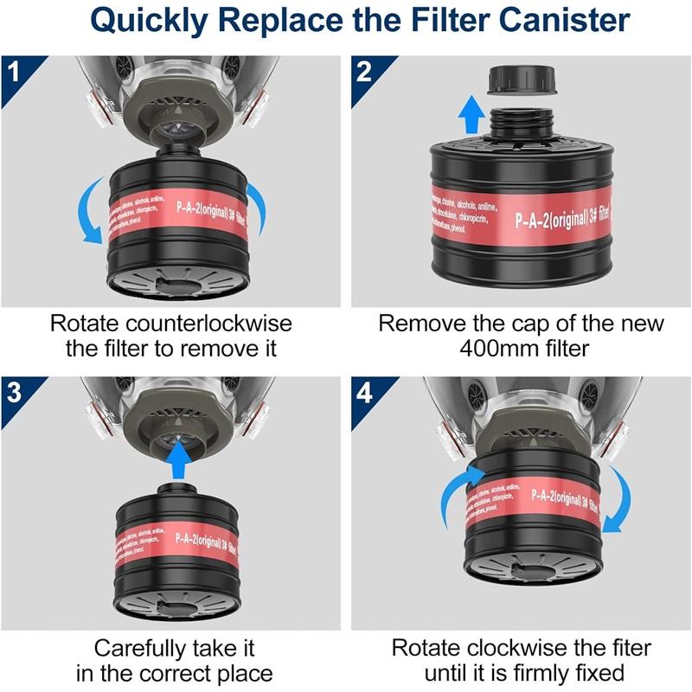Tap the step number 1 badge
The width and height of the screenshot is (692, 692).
pyautogui.click(x=14, y=69)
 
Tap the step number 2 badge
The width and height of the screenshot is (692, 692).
pyautogui.click(x=364, y=69)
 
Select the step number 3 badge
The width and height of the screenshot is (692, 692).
pyautogui.click(x=14, y=391)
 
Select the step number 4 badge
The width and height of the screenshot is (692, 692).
pyautogui.click(x=364, y=392)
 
